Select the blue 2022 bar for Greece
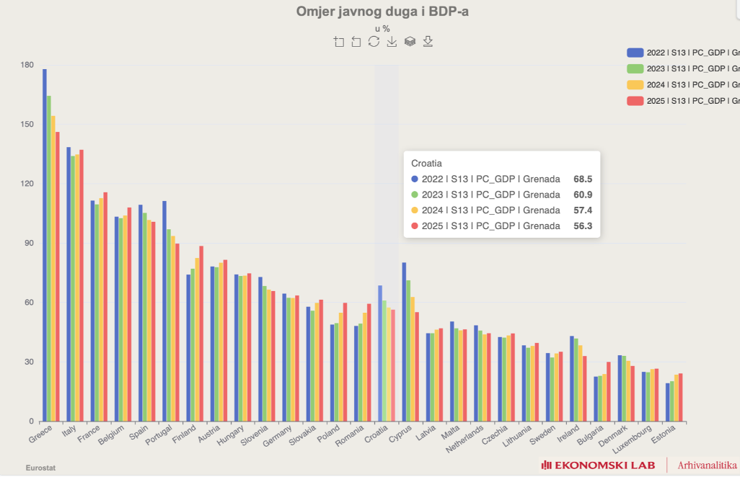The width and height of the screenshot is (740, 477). click(45, 245)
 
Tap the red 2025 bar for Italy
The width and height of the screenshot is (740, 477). click(82, 285)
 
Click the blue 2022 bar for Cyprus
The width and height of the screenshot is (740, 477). click(404, 342)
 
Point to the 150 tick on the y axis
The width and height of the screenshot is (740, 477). click(27, 125)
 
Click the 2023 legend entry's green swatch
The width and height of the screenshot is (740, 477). click(635, 68)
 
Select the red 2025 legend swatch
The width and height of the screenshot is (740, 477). click(635, 101)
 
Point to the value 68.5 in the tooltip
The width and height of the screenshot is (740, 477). click(583, 179)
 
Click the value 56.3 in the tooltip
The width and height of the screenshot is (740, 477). click(583, 226)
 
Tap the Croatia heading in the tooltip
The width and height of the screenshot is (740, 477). click(426, 164)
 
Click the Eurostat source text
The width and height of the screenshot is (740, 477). click(40, 468)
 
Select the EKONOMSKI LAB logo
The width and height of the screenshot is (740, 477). click(599, 465)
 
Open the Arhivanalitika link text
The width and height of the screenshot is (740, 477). click(708, 465)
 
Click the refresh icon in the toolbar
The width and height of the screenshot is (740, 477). click(374, 42)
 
